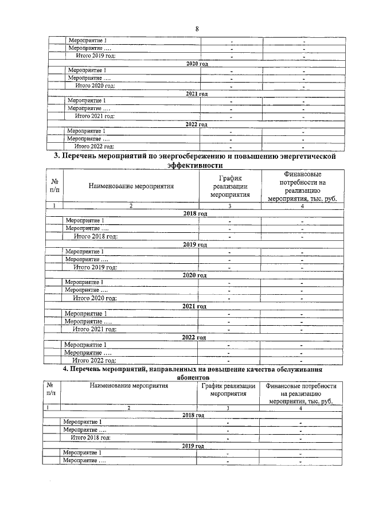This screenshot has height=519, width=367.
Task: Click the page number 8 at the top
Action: click(197, 29)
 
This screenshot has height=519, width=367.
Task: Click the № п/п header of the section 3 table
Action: click(54, 186)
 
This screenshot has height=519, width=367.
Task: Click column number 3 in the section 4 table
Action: click(228, 408)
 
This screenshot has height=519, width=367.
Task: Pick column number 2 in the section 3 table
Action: click(130, 205)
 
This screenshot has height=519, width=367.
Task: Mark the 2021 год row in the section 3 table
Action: click(194, 307)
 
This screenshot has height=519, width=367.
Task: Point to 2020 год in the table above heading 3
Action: click(197, 64)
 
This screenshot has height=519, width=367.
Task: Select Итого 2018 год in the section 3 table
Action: click(96, 236)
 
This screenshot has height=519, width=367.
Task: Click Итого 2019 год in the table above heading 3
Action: click(96, 56)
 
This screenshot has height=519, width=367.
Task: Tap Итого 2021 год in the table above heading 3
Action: click(95, 116)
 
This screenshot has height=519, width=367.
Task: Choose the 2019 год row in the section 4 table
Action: click(193, 446)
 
